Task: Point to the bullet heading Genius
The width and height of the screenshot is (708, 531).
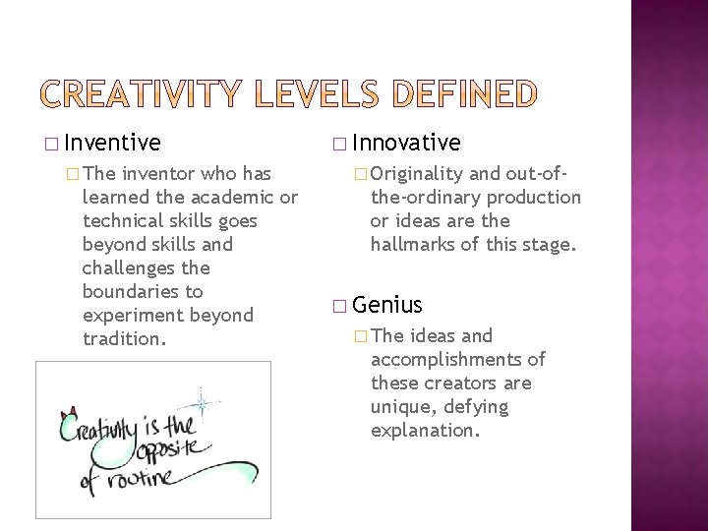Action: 387,305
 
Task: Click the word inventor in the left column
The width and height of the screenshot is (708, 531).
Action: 160,174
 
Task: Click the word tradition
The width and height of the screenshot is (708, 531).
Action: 124,339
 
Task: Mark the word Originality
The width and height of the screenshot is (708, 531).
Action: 417,174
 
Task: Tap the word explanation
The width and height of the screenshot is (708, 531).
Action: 424,431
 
